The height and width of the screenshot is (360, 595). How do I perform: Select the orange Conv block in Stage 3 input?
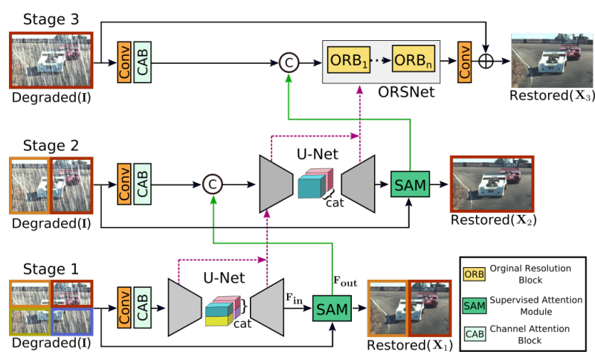click(x=124, y=62)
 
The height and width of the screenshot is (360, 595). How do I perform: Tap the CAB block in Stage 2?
click(x=143, y=182)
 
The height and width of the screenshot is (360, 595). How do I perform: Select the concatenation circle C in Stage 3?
click(x=288, y=63)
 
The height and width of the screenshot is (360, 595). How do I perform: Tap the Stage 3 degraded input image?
click(x=51, y=60)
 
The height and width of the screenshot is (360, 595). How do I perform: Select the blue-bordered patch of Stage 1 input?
click(x=71, y=321)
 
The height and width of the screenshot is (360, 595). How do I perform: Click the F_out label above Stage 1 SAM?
click(x=342, y=283)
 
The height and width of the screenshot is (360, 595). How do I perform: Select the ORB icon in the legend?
click(x=473, y=274)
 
